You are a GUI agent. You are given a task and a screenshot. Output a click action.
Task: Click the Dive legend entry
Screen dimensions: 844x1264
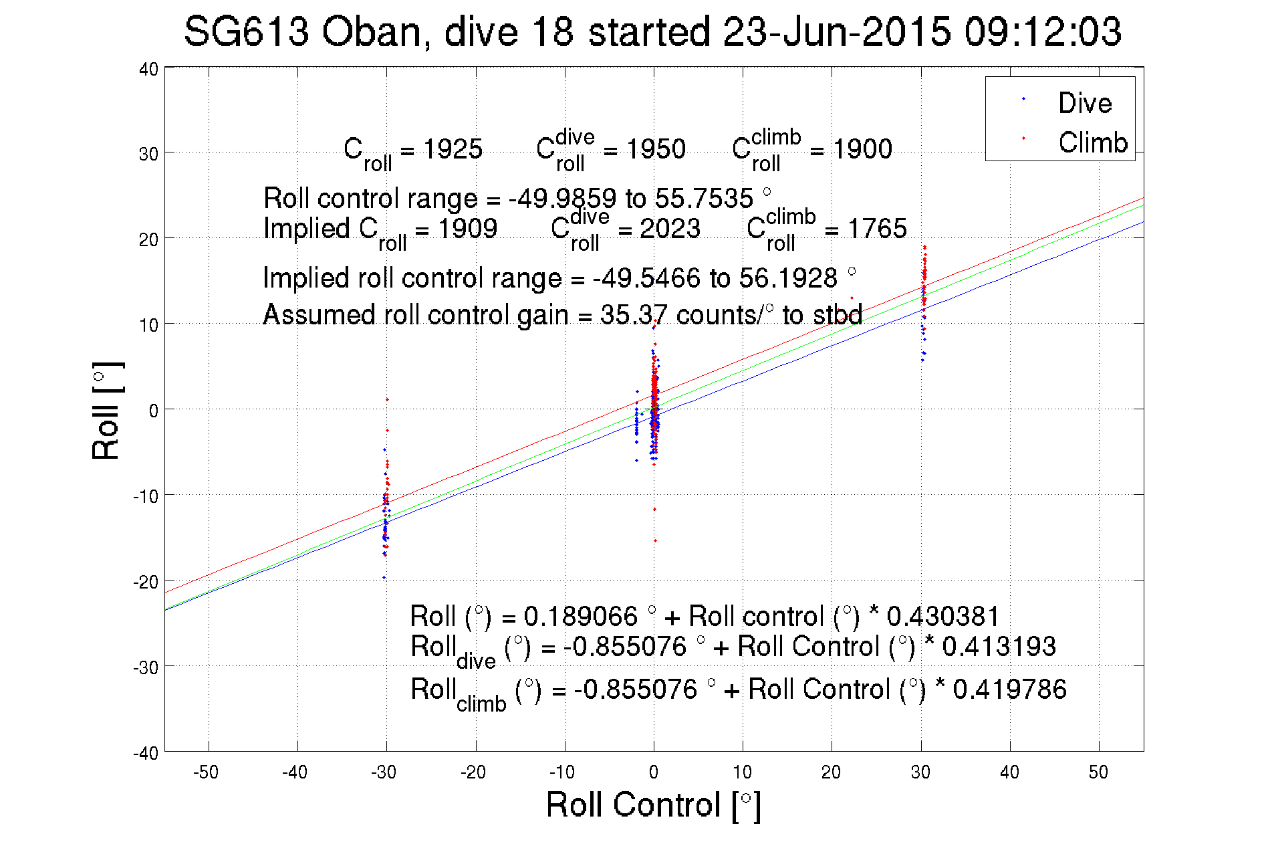click(x=1084, y=103)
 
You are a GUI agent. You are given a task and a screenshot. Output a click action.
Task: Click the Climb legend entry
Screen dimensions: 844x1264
click(x=1092, y=142)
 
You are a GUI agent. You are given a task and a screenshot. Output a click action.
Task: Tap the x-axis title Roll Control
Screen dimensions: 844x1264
click(x=653, y=805)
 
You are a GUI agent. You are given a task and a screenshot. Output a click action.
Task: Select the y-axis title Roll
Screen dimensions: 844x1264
click(x=107, y=411)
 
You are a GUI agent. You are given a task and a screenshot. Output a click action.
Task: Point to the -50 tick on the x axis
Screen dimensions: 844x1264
click(x=206, y=772)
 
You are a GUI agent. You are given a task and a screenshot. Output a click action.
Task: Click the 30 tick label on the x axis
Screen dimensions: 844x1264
click(x=920, y=772)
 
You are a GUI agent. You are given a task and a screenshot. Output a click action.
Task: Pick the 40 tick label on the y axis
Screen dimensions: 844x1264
click(x=148, y=70)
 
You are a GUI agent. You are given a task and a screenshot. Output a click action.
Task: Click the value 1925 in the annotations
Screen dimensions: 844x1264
click(x=453, y=149)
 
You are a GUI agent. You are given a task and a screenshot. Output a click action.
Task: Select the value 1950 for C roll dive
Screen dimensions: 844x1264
click(x=656, y=149)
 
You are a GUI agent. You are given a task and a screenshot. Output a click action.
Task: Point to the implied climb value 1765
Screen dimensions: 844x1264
click(x=877, y=229)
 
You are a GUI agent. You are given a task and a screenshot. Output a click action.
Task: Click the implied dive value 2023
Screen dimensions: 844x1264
click(x=670, y=229)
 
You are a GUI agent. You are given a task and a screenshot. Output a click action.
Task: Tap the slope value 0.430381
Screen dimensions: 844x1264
click(x=942, y=616)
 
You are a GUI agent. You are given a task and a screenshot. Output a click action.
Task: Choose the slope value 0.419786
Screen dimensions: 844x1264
click(x=1009, y=690)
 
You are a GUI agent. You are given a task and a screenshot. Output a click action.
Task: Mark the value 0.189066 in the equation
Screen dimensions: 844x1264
click(x=580, y=616)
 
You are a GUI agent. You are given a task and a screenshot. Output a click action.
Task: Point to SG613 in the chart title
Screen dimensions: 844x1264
click(x=246, y=32)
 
